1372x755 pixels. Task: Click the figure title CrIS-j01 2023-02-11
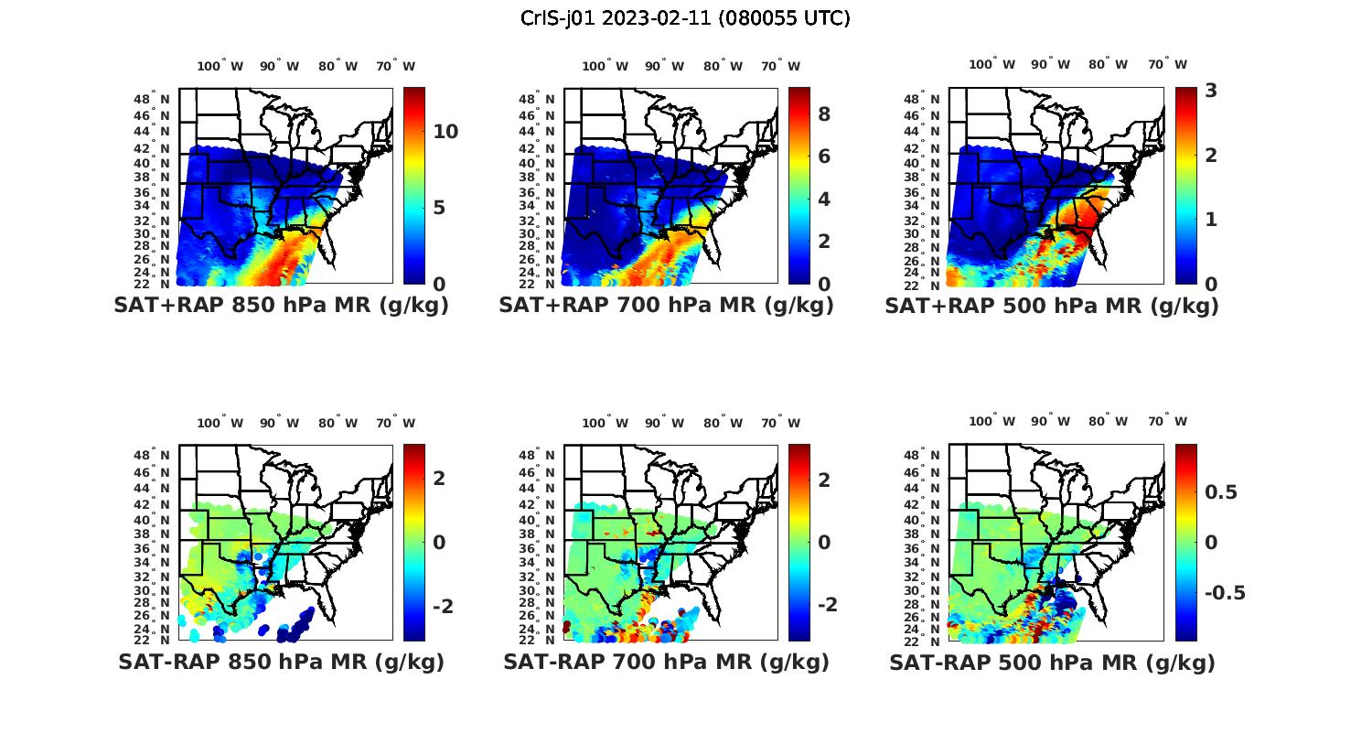685,18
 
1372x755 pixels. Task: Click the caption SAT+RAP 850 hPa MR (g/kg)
281,306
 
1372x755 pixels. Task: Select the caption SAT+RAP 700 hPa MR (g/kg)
666,306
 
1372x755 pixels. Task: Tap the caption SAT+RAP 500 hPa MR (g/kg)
1051,306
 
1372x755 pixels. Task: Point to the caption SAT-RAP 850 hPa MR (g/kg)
281,662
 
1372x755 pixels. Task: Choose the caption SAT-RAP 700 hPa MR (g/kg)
666,662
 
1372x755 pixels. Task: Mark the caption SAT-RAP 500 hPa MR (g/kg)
1052,662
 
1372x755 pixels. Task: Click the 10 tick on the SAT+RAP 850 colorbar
445,132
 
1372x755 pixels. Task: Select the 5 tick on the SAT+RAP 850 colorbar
439,208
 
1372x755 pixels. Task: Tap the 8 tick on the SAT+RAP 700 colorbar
824,114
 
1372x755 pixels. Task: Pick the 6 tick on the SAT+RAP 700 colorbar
824,156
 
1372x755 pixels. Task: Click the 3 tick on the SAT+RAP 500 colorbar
1211,91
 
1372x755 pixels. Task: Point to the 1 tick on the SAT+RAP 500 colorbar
1211,220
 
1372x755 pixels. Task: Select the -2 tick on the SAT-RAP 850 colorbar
443,607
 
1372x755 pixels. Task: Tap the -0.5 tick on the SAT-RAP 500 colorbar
1225,593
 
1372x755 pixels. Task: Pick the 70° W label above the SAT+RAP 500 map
1168,64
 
